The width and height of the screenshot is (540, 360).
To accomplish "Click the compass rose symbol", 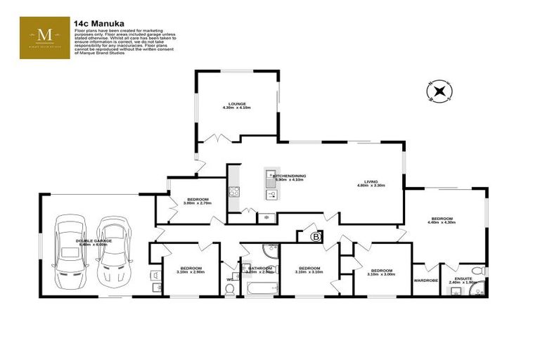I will (x=439, y=91).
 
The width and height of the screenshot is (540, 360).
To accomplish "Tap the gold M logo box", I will (x=44, y=38).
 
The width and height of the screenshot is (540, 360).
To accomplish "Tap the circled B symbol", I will (x=315, y=237).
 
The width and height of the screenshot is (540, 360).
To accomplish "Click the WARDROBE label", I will (x=426, y=281).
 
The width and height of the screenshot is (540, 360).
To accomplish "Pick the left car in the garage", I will (x=68, y=251).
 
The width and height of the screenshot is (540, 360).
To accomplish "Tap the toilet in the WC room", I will (x=231, y=270).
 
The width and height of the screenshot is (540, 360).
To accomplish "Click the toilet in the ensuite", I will (x=477, y=269).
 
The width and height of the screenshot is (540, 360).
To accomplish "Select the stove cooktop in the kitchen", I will (x=233, y=191).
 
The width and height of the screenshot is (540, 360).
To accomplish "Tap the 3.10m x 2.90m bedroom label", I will (x=191, y=269).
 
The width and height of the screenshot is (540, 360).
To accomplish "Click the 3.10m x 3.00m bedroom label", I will (x=381, y=272).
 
